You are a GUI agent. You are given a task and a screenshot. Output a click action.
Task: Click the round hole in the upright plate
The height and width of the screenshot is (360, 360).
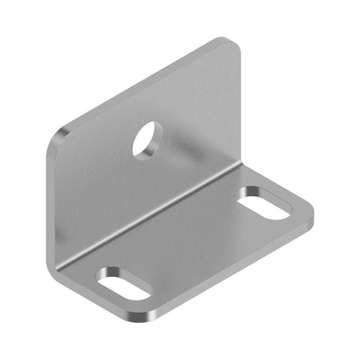(147, 138)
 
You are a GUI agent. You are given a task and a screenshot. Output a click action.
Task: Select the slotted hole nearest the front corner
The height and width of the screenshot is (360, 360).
(124, 283)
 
